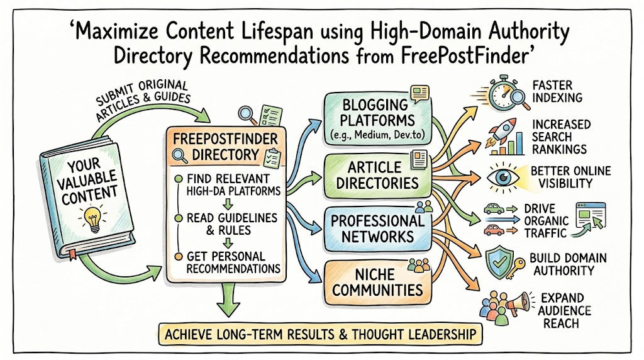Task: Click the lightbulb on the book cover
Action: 93,218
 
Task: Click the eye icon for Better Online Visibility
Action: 502,177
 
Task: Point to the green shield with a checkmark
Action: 499,262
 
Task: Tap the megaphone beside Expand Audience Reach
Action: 518,303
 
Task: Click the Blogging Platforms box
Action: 378,118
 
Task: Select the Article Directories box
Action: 377,176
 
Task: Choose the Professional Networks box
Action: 377,229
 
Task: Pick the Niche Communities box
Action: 377,283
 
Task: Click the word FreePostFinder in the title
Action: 464,56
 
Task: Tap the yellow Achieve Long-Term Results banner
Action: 320,334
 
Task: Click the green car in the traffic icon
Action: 494,209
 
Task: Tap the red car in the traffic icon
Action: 494,230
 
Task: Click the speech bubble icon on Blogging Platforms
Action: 419,93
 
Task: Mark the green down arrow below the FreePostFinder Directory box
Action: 227,300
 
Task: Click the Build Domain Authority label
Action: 568,264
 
